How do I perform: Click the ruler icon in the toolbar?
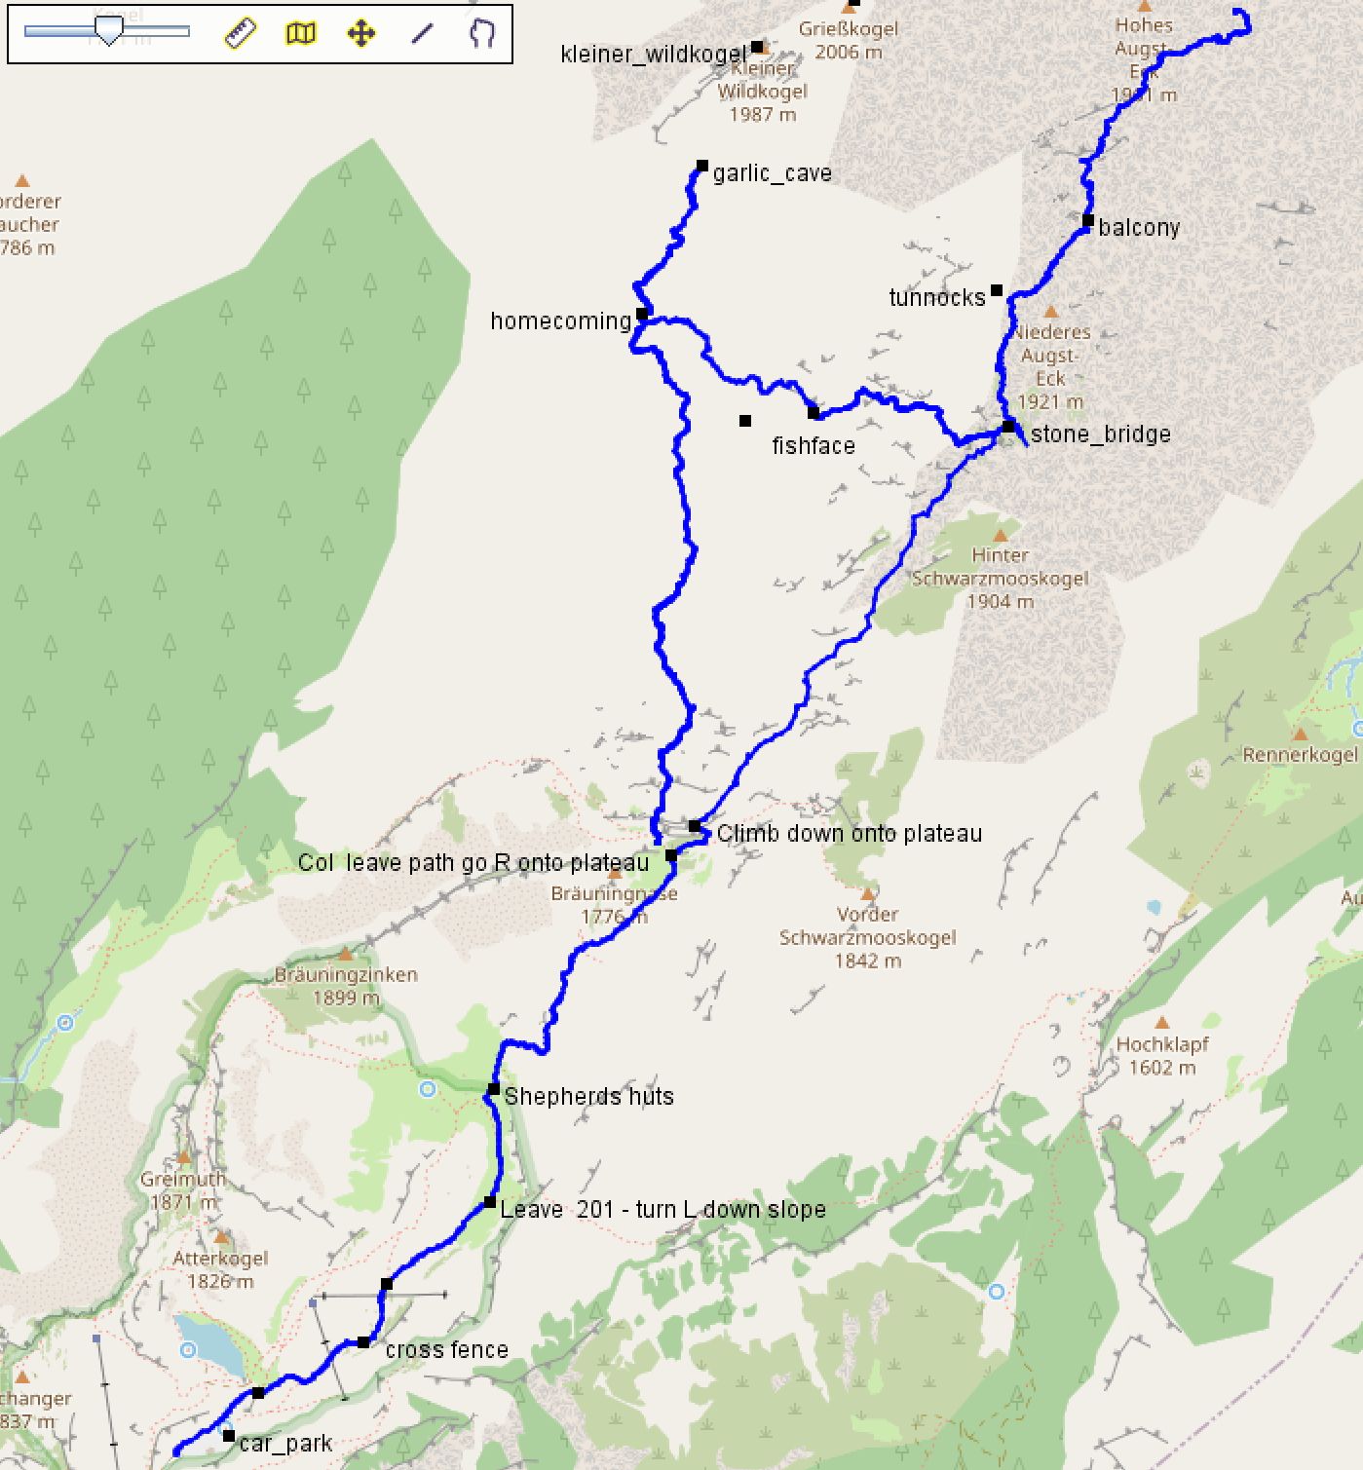tap(240, 33)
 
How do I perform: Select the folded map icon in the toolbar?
tap(301, 34)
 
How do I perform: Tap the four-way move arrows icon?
tap(361, 34)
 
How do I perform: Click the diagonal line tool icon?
tap(422, 34)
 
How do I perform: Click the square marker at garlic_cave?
tap(701, 167)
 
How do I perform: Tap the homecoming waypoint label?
tap(560, 321)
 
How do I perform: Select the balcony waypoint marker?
tap(1087, 220)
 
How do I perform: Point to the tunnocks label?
tap(936, 298)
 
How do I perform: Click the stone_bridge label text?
tap(1100, 434)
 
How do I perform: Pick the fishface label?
tap(813, 446)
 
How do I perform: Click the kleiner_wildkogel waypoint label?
tap(653, 55)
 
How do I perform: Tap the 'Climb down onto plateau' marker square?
tap(695, 826)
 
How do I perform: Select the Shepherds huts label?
tap(588, 1097)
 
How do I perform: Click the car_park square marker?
tap(228, 1436)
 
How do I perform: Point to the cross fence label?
tap(446, 1350)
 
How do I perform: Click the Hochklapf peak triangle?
tap(1161, 1023)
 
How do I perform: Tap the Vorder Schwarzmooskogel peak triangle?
tap(867, 893)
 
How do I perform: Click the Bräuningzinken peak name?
tap(346, 975)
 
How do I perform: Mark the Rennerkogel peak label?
tap(1300, 755)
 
